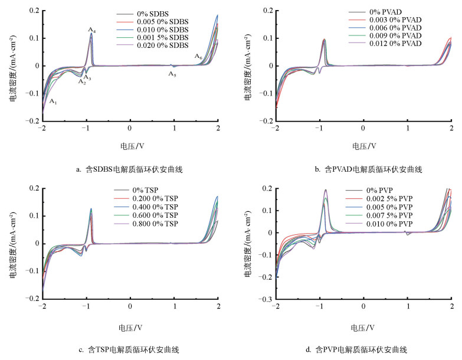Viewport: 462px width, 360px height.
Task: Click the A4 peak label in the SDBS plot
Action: point(91,30)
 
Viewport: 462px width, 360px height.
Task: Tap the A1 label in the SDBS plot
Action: point(53,102)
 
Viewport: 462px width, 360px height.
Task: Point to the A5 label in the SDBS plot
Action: point(172,74)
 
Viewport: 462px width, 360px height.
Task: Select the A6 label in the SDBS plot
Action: point(199,57)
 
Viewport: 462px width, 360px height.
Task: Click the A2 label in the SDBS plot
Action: point(82,82)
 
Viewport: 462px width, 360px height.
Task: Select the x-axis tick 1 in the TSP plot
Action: point(175,307)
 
